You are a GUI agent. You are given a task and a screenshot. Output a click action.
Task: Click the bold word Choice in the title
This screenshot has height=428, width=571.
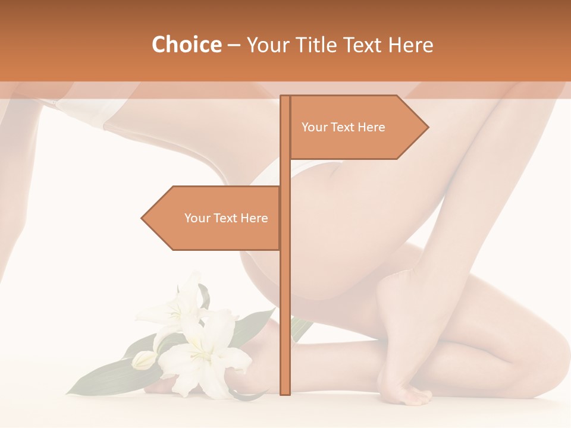(186, 45)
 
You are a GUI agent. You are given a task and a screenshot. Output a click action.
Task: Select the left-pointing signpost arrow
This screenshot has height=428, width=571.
(214, 218)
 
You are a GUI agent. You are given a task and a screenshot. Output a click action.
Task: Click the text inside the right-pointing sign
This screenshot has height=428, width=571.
(343, 127)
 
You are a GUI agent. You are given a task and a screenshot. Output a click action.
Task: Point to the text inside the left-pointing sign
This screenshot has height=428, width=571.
(226, 218)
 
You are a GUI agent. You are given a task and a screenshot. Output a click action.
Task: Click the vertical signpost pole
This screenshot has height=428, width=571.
(285, 267)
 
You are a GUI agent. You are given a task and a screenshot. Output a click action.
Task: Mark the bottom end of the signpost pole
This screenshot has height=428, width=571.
(285, 392)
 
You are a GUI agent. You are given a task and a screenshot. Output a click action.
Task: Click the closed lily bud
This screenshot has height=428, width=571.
(143, 360)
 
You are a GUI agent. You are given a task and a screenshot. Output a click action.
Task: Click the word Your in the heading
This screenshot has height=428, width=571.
(267, 45)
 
